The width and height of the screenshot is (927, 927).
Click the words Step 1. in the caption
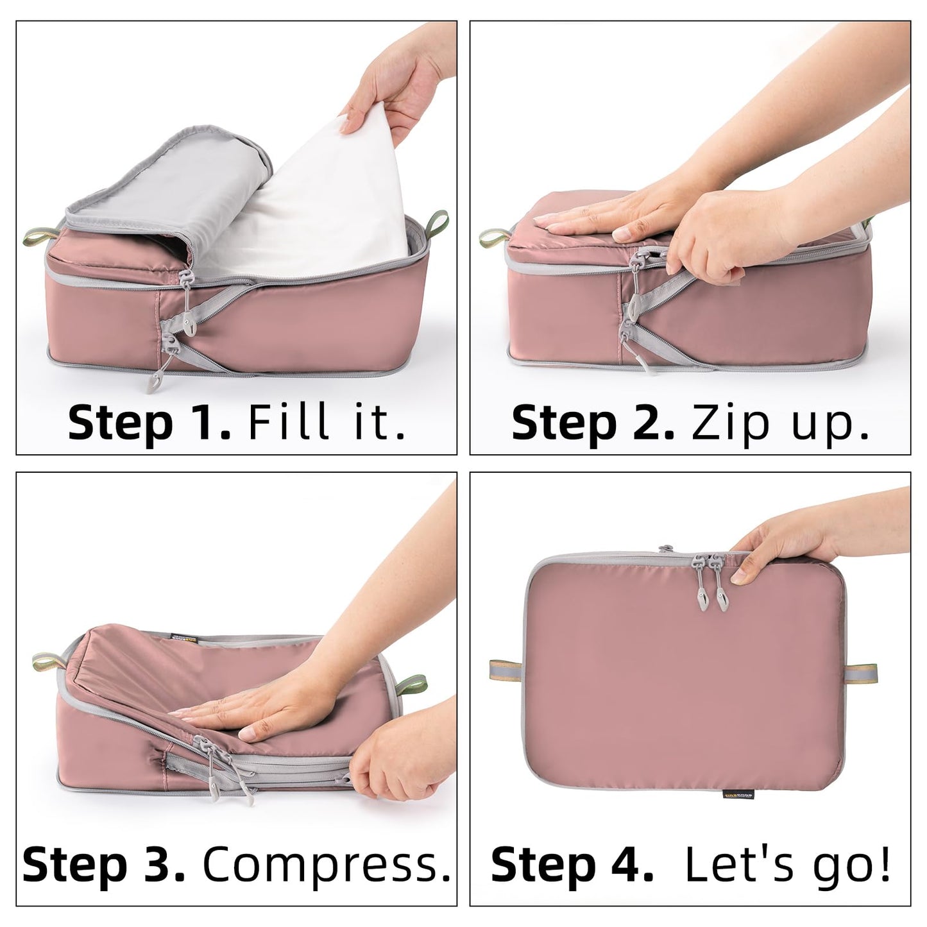coord(149,423)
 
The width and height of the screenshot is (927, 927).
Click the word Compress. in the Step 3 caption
coord(326,864)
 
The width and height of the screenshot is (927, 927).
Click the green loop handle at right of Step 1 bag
coord(439,221)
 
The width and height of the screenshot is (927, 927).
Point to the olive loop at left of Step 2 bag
coord(494,239)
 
